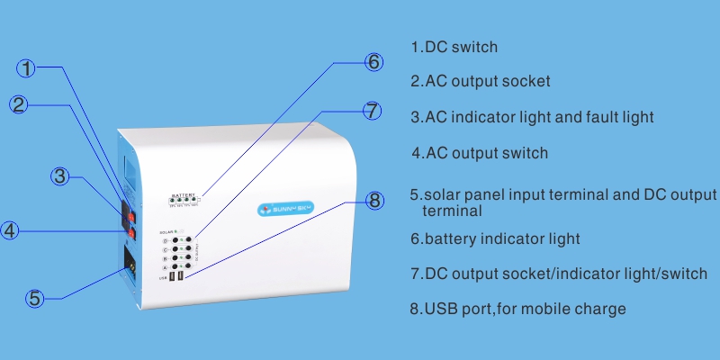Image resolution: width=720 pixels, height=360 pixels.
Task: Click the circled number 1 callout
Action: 28,68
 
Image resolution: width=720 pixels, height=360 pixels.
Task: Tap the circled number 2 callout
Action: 21,104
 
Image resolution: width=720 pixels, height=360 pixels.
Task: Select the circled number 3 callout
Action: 60,176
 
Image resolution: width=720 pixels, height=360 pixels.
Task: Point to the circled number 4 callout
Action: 9,231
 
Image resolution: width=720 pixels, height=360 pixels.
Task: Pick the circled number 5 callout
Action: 34,298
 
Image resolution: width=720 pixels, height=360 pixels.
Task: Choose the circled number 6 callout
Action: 373,62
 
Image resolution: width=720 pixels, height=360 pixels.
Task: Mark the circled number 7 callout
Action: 373,111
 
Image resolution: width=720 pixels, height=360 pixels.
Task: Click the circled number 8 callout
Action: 375,200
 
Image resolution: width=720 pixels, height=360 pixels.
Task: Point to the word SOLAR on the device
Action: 167,233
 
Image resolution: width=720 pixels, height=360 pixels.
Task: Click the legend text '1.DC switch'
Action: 454,47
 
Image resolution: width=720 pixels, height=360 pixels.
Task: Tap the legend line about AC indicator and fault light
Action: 531,117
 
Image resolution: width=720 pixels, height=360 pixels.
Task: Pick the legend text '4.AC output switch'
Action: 480,153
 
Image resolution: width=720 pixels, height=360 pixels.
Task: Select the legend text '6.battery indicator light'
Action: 495,239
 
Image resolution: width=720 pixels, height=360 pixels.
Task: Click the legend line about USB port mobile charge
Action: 517,310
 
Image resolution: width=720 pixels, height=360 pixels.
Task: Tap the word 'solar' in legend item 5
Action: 445,195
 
